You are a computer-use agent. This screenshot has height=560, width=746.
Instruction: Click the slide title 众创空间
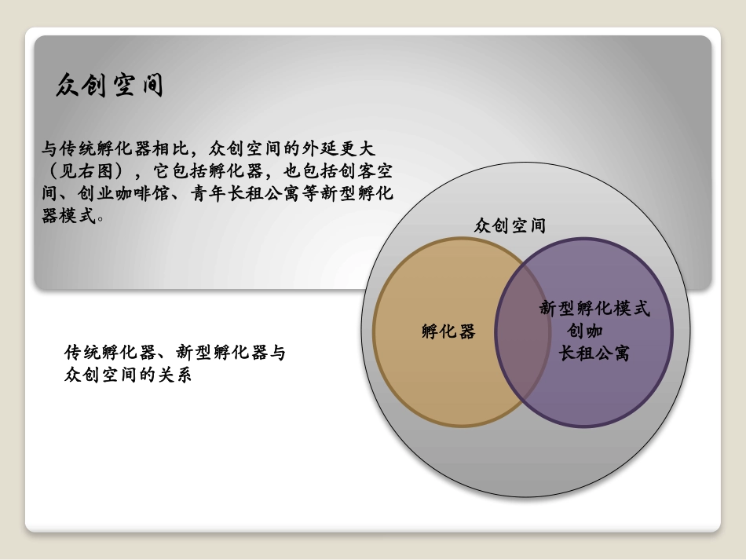point(110,85)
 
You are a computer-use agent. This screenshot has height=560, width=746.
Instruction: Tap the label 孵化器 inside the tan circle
point(448,331)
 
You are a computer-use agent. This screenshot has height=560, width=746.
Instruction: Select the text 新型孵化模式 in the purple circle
point(594,309)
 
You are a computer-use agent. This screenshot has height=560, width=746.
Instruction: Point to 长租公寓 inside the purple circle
point(594,354)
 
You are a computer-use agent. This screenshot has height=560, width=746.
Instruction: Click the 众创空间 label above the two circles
point(510,226)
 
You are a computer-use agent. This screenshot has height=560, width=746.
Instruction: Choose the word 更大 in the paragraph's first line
point(368,147)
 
